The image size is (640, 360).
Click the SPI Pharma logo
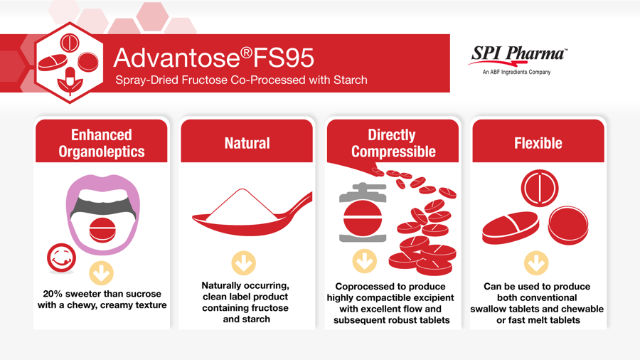[x=518, y=60]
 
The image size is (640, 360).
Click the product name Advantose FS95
[x=213, y=58]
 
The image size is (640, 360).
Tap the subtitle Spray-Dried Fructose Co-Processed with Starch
[x=241, y=80]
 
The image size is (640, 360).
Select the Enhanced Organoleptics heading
[x=102, y=143]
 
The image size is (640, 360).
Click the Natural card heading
[x=247, y=143]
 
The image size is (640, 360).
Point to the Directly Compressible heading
[x=393, y=143]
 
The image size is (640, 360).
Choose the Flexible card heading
[x=538, y=143]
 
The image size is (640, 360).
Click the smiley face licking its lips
[x=61, y=258]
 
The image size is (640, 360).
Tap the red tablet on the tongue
[x=102, y=231]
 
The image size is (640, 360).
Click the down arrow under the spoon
[x=244, y=263]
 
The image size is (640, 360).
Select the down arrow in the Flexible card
[x=536, y=263]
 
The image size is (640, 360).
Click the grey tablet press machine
[x=363, y=213]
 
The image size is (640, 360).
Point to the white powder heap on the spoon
[x=243, y=204]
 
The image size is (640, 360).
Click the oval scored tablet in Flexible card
[x=510, y=228]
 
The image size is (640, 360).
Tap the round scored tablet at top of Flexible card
[x=540, y=188]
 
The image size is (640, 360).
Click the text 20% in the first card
[x=53, y=294]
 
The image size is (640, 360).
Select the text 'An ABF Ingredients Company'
[x=516, y=73]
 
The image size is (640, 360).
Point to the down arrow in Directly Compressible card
[x=365, y=261]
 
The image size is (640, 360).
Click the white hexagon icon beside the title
[x=70, y=63]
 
